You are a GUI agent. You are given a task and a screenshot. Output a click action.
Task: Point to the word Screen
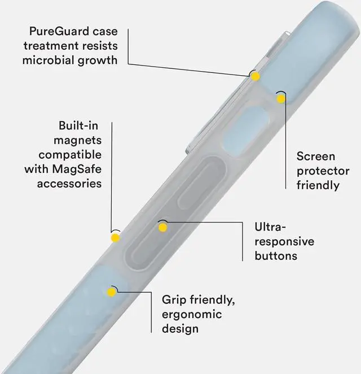pos(316,156)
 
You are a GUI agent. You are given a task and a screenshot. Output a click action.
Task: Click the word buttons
pos(276,255)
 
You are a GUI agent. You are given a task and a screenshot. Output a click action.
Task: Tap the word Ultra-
pos(271,227)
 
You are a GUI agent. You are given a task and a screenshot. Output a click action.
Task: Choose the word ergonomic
pos(192,314)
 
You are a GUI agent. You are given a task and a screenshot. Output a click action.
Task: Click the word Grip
pos(174,299)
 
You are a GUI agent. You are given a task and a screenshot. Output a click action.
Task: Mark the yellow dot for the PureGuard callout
pos(256,76)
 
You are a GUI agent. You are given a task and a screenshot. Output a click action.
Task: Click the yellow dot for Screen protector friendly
pos(281,98)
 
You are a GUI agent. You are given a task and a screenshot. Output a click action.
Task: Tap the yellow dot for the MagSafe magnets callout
pos(115,237)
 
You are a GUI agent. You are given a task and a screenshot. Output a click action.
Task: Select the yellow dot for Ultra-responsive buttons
pos(163,227)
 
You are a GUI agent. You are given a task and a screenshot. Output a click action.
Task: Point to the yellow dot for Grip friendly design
pos(111,292)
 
